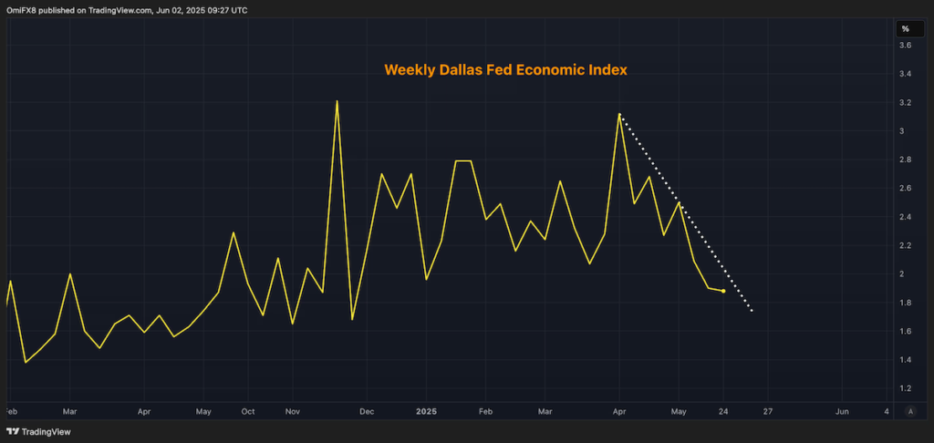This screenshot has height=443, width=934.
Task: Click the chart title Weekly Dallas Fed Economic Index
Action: click(504, 70)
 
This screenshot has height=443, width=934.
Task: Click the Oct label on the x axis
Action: click(247, 411)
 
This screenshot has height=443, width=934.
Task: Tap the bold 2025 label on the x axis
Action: click(428, 411)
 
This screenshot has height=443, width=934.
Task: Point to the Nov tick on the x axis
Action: click(292, 411)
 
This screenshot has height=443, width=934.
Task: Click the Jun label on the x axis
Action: click(842, 411)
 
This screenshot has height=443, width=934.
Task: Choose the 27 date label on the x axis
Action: click(768, 411)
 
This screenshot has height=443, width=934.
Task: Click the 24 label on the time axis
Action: click(723, 411)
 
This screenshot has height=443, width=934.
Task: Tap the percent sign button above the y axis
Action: click(905, 29)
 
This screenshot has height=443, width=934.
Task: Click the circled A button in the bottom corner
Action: click(909, 411)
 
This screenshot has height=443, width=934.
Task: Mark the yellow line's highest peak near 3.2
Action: click(337, 101)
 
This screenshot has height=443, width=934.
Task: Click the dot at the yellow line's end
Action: click(723, 291)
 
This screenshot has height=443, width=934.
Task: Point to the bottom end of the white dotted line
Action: click(752, 312)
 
